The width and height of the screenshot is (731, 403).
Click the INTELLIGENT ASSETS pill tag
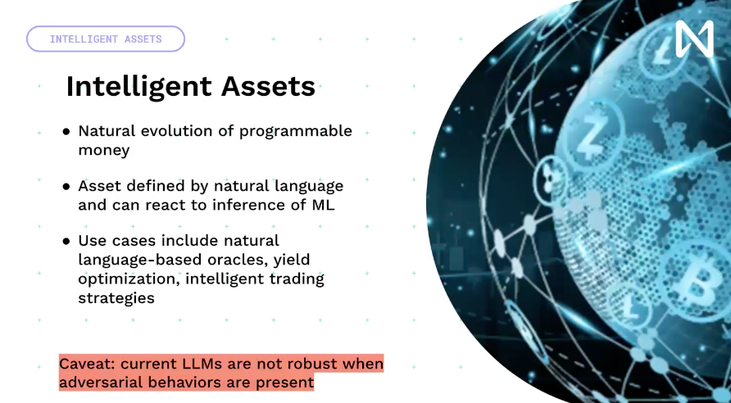pyautogui.click(x=106, y=38)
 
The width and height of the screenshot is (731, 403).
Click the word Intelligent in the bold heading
pyautogui.click(x=139, y=86)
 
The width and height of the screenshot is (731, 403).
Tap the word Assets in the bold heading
pyautogui.click(x=268, y=86)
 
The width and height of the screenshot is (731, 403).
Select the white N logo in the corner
pyautogui.click(x=694, y=38)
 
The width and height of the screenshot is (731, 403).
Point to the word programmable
pyautogui.click(x=296, y=132)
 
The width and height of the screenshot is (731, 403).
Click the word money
pyautogui.click(x=103, y=151)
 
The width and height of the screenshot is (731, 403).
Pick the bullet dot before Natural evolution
pyautogui.click(x=66, y=132)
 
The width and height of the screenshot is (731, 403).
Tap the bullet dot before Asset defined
pyautogui.click(x=66, y=187)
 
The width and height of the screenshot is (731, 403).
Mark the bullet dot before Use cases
pyautogui.click(x=66, y=242)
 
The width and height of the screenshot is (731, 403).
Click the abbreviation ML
pyautogui.click(x=323, y=205)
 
